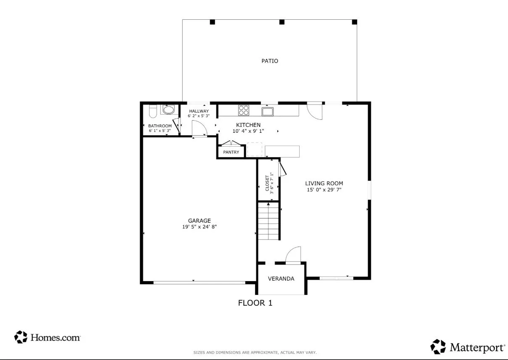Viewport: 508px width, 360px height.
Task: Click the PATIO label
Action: [270, 61]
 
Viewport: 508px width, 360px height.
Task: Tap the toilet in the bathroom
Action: [153, 111]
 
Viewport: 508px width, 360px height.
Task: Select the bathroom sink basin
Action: [168, 110]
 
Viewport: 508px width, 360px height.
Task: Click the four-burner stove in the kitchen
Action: [244, 110]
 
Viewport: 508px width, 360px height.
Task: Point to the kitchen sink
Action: [268, 111]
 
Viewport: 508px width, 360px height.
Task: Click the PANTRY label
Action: [231, 152]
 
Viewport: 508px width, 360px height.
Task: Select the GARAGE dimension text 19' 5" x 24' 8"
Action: [200, 227]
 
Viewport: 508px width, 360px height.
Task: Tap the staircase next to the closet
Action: [268, 221]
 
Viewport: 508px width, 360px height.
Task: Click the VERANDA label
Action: [281, 279]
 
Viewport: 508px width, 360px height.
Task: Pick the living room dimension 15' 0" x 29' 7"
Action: [324, 190]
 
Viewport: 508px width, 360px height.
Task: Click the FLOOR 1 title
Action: [255, 303]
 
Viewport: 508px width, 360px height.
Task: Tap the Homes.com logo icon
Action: [21, 337]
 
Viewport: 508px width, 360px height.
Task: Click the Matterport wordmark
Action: [477, 347]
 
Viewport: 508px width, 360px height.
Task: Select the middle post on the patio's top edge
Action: [282, 22]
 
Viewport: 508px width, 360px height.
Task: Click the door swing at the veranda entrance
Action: [293, 255]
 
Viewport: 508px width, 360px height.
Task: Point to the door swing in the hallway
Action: [200, 128]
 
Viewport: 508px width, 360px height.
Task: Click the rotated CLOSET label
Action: [267, 184]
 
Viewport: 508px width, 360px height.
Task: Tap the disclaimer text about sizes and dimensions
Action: [255, 352]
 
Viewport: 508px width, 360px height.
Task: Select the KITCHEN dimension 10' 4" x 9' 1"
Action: [248, 131]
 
